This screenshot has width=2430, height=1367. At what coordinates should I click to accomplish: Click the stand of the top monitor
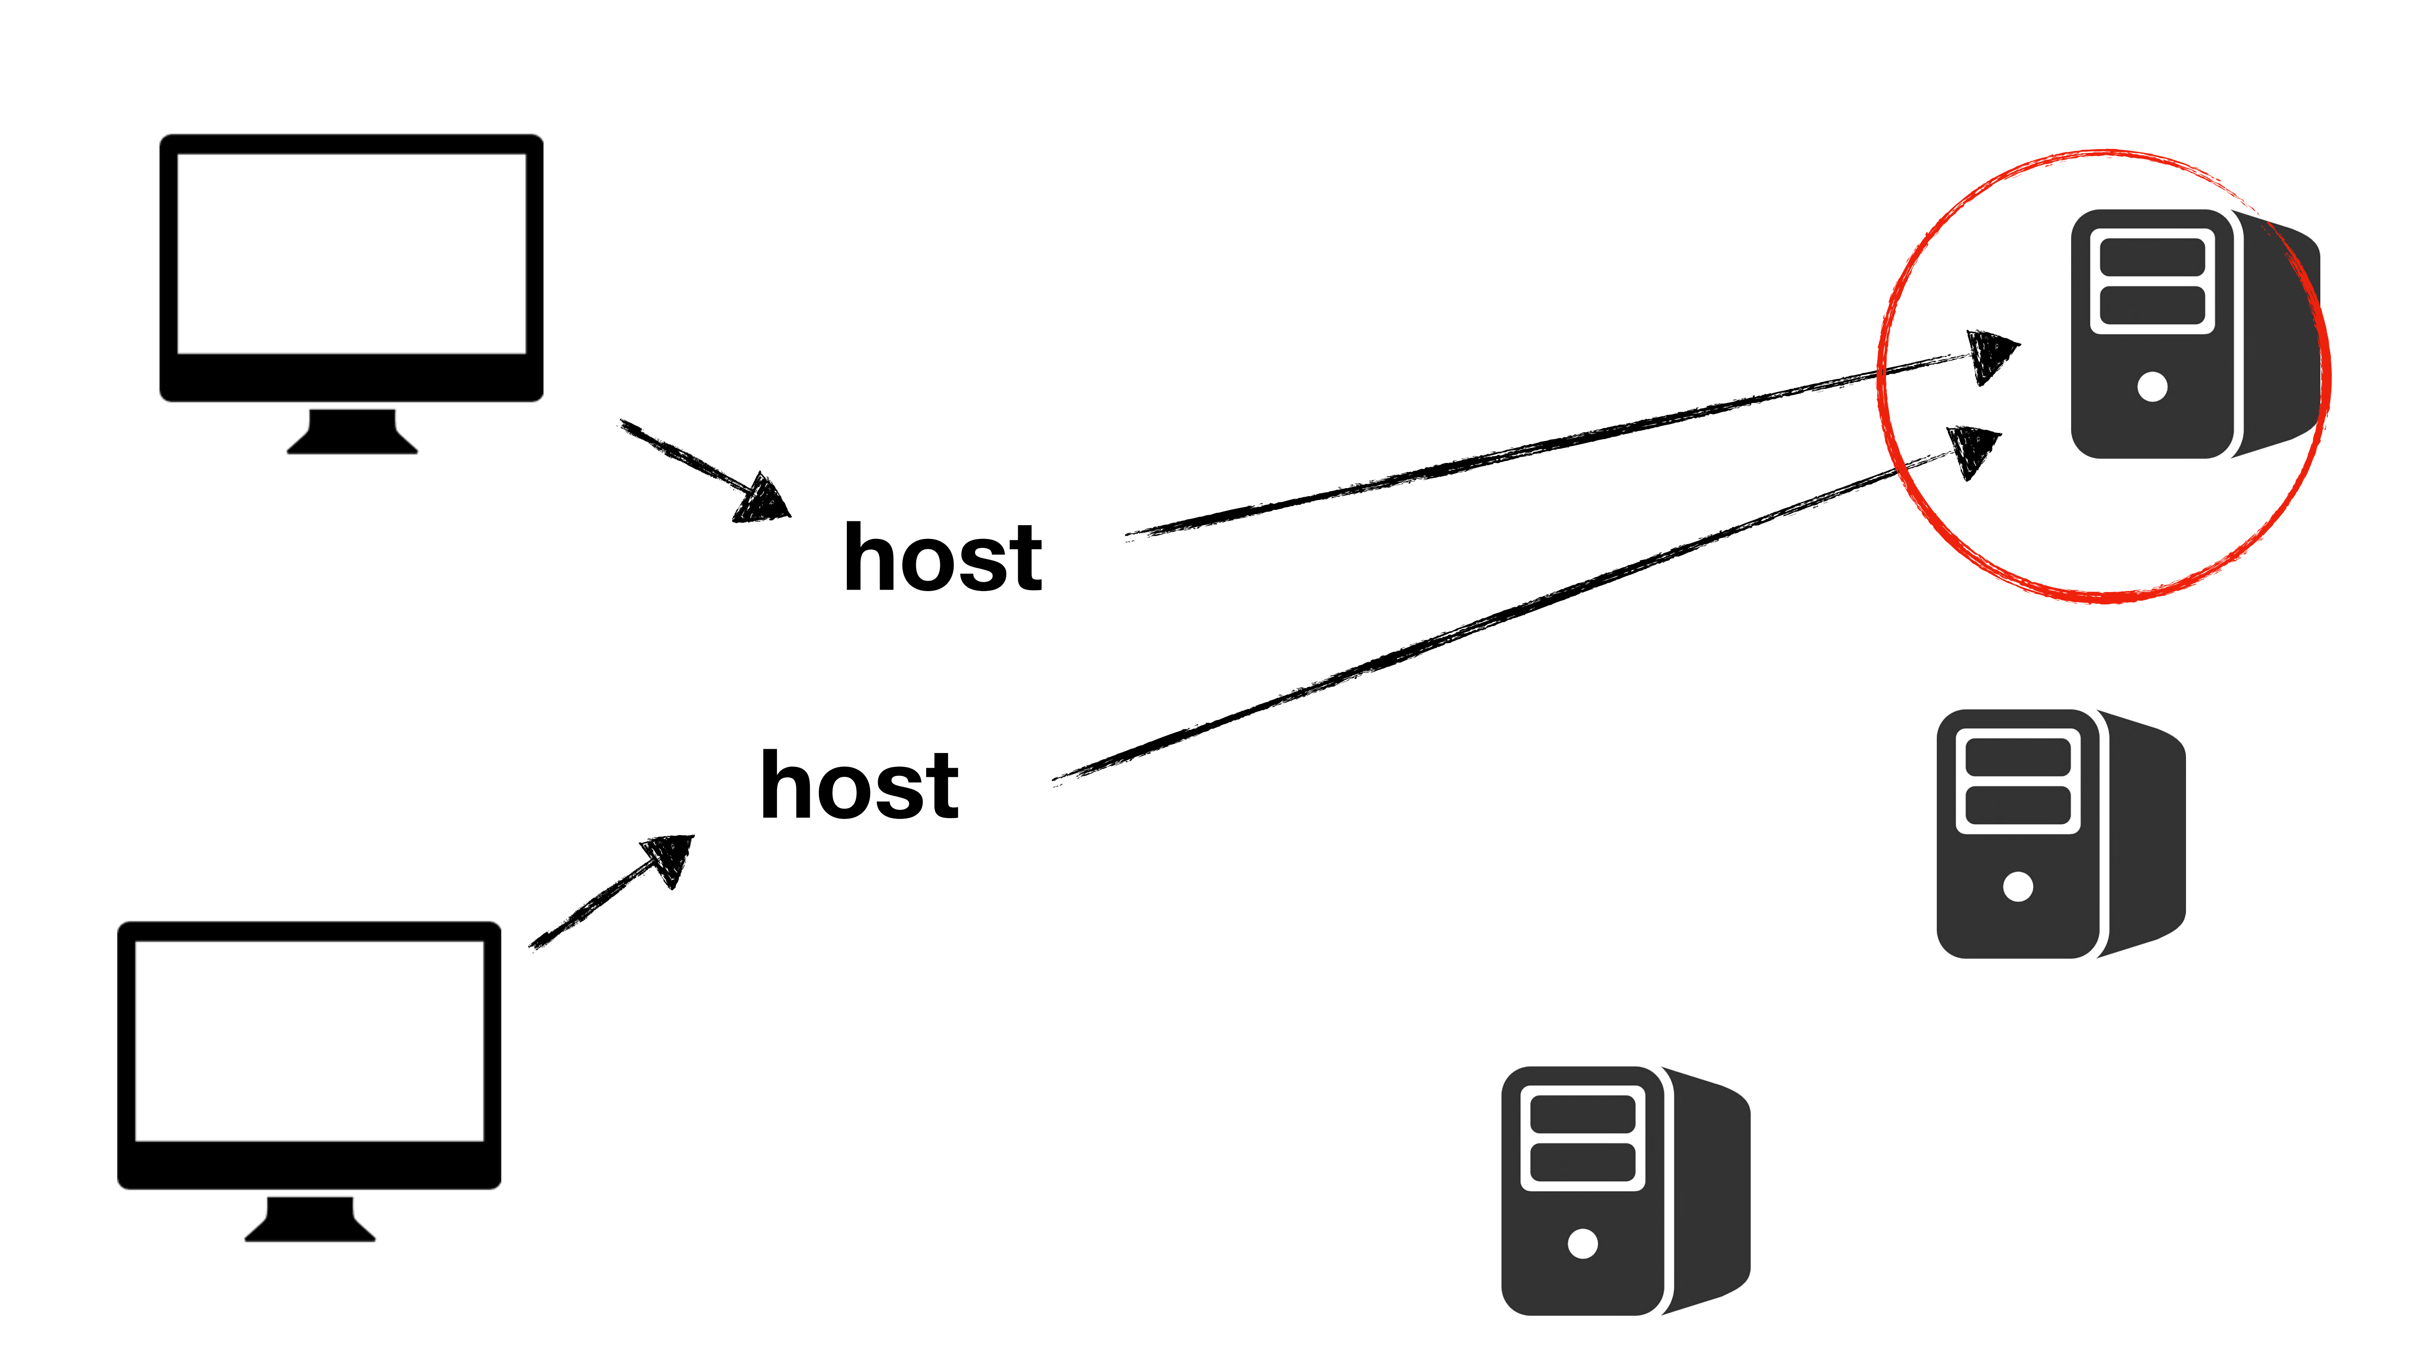click(352, 432)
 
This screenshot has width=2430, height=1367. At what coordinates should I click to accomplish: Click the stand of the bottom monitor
click(310, 1219)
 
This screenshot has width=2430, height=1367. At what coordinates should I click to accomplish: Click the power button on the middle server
click(2018, 887)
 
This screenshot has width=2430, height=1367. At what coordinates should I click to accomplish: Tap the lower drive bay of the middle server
click(2018, 805)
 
